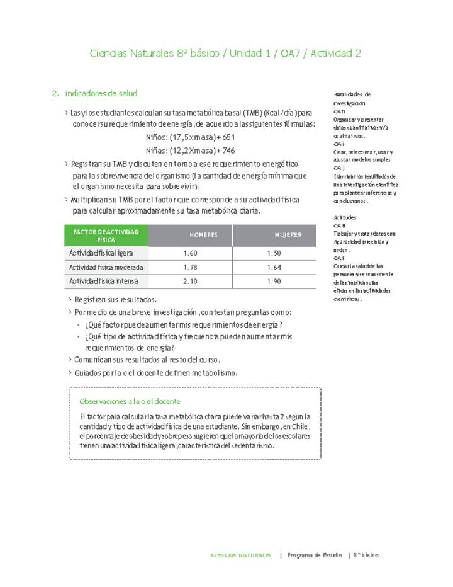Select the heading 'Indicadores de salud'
101,94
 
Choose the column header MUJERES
288,235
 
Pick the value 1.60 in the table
190,253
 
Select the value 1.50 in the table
274,253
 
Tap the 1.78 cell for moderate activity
190,267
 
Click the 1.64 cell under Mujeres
274,267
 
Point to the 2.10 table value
190,281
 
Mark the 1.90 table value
274,281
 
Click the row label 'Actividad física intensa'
103,281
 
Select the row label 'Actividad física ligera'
101,253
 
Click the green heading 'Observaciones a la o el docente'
130,401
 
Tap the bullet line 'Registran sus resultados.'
115,300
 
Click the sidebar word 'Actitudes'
345,217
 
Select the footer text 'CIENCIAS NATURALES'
242,556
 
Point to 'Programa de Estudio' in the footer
315,556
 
